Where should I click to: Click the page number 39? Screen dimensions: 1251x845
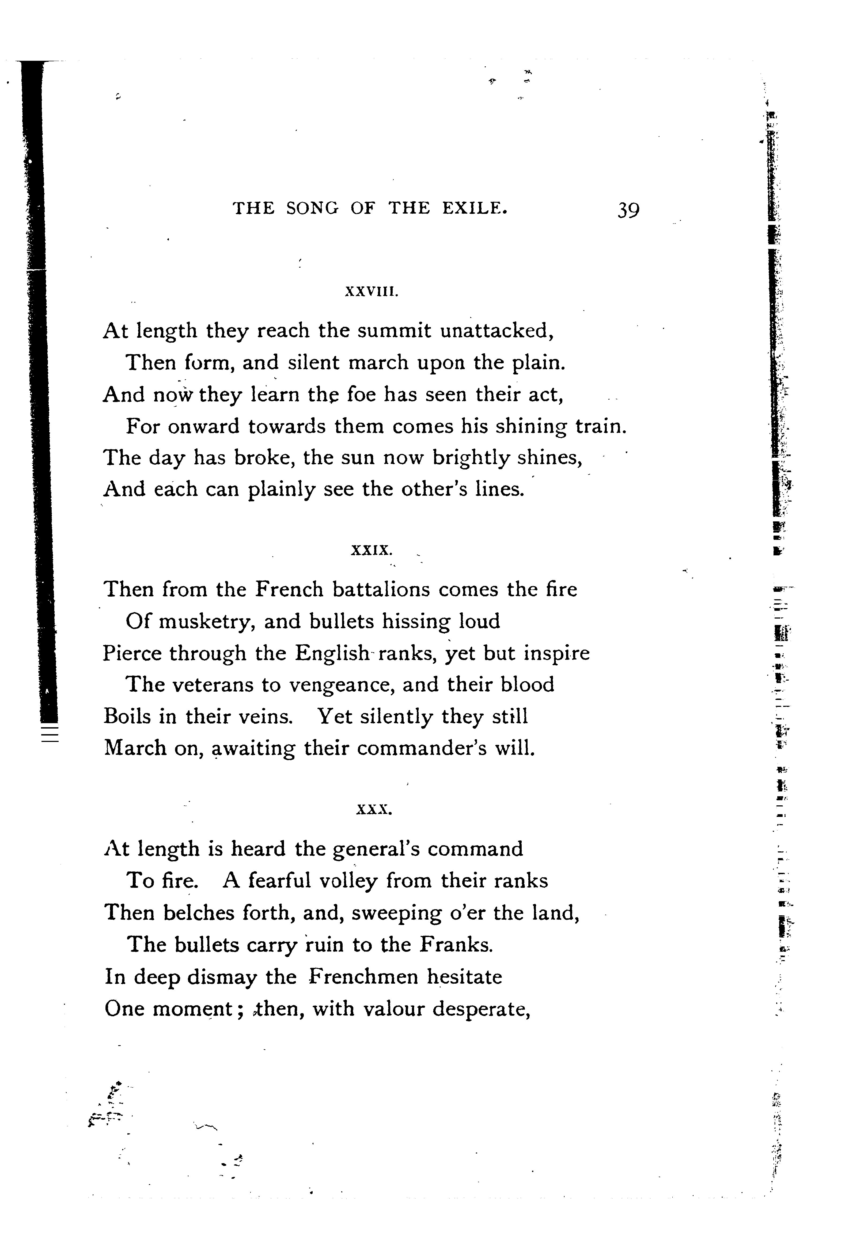pyautogui.click(x=628, y=209)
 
